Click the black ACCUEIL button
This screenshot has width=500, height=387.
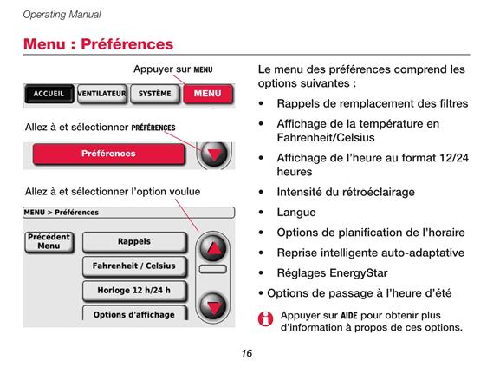[x=49, y=94]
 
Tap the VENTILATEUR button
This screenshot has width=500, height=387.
[x=102, y=94]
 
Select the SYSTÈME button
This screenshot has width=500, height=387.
[x=155, y=94]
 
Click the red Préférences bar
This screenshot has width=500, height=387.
[x=108, y=154]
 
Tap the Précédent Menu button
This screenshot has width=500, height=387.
[x=49, y=242]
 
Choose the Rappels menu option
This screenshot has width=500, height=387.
[x=134, y=242]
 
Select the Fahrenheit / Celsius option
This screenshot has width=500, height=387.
[x=134, y=266]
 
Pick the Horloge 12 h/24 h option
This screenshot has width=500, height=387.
[x=134, y=291]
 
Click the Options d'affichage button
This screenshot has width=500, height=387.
[x=134, y=313]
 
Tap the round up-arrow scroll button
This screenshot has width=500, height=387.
[x=213, y=248]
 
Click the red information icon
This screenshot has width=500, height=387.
[x=266, y=319]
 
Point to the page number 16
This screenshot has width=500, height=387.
[x=247, y=353]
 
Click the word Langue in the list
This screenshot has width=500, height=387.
[x=296, y=213]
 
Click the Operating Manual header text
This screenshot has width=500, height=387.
[x=62, y=15]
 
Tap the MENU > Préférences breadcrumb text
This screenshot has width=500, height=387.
[x=62, y=213]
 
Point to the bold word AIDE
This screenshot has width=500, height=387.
[x=349, y=316]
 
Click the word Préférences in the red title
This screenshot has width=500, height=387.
[x=127, y=44]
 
